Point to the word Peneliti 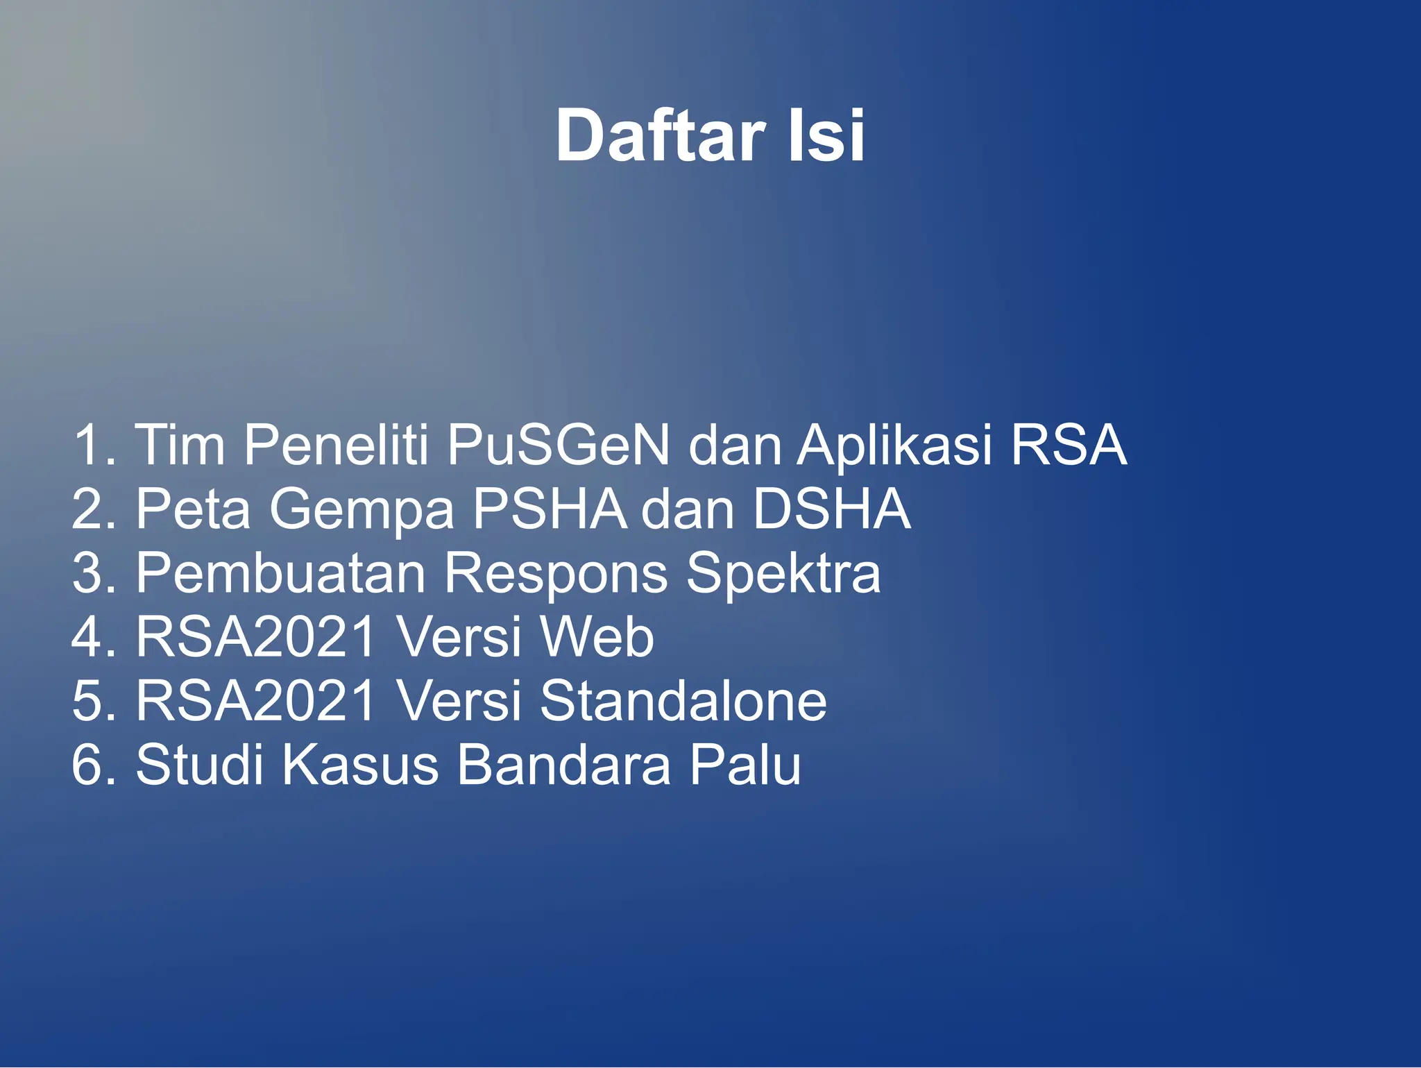coord(336,445)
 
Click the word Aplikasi coord(894,445)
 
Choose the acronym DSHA coord(831,509)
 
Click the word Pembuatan coord(280,573)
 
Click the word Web coord(597,637)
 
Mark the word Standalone coord(683,701)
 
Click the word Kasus coord(360,765)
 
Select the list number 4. coord(87,637)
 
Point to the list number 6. coord(87,765)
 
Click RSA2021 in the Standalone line coord(255,701)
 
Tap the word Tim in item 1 coord(180,445)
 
